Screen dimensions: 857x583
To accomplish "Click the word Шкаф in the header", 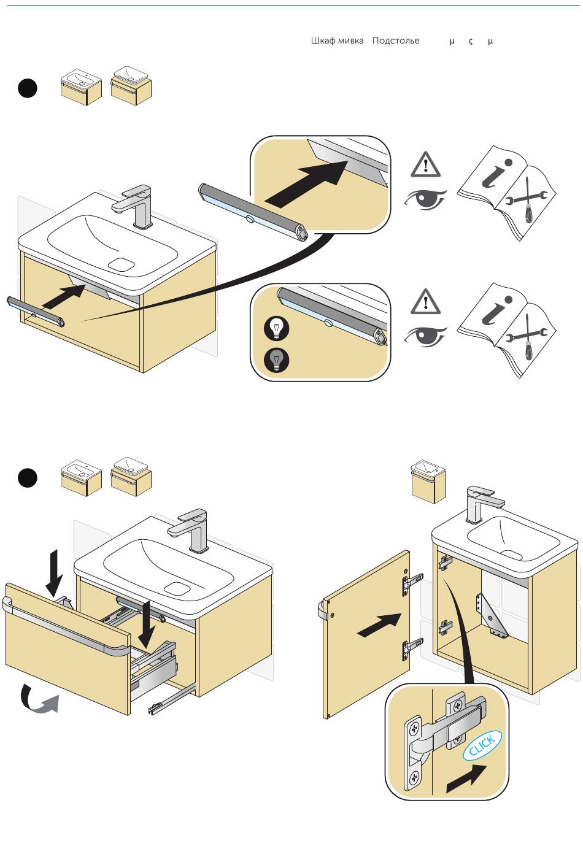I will click(x=323, y=41).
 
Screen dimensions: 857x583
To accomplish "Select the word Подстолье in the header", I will click(x=396, y=41).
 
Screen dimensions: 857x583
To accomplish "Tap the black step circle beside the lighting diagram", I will click(x=27, y=88).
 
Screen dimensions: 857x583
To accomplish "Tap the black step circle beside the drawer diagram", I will click(x=27, y=478).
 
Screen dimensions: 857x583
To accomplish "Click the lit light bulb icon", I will click(x=276, y=329).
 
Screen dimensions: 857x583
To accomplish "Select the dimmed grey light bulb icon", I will click(x=276, y=359).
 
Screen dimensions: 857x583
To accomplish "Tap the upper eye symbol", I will click(x=425, y=199).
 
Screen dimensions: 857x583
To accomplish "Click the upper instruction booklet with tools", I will click(x=507, y=192).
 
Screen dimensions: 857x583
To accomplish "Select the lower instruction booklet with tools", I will click(x=507, y=329).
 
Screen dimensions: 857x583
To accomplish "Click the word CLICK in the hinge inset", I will click(x=482, y=745).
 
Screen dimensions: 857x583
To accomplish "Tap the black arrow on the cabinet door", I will click(x=376, y=625).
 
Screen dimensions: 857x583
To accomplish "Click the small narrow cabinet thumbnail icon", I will click(x=428, y=482).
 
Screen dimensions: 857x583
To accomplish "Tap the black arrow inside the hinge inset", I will click(x=466, y=779).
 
